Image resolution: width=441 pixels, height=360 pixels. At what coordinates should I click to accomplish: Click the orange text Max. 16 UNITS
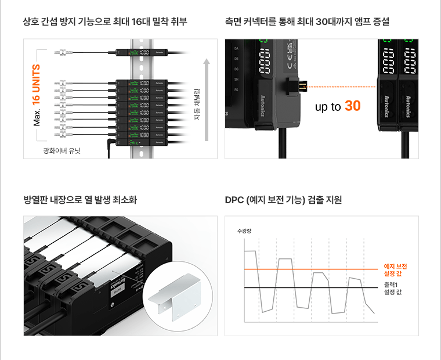37,95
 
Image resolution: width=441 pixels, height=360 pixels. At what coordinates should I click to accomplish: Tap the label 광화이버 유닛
62,151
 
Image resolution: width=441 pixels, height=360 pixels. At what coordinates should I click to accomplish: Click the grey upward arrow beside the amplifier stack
206,99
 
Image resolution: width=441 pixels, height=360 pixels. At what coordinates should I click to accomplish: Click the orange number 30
352,106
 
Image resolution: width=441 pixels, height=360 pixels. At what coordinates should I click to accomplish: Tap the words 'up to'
327,107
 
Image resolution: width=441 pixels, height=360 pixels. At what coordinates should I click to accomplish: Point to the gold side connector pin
301,87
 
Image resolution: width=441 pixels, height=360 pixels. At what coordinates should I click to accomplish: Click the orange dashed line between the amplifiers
342,87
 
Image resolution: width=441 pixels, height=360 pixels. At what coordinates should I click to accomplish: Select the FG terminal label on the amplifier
236,90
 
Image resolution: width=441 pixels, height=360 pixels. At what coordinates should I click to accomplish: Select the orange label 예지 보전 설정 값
396,269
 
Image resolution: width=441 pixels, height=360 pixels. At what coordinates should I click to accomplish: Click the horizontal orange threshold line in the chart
308,269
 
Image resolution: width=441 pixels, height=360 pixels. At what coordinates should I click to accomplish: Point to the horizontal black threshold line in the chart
308,288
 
